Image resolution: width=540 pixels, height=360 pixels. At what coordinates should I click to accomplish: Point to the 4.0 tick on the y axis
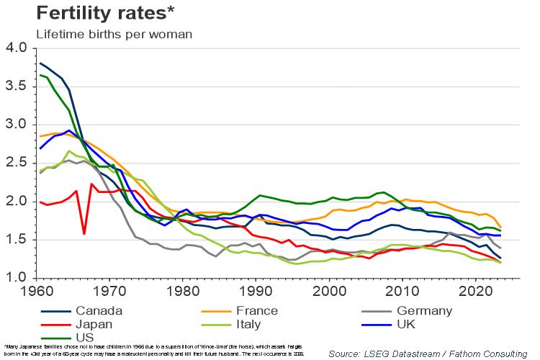pyautogui.click(x=16, y=48)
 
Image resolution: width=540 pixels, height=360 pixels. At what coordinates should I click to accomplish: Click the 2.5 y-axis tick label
pyautogui.click(x=16, y=163)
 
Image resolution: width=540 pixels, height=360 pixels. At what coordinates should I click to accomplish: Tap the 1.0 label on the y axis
pyautogui.click(x=16, y=278)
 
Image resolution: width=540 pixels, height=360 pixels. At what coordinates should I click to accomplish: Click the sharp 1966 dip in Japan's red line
pyautogui.click(x=84, y=234)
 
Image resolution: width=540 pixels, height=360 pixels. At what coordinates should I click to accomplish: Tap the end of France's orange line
pyautogui.click(x=500, y=228)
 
